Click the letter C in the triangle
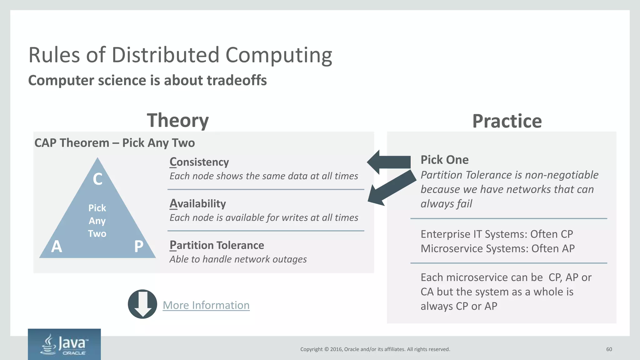97,179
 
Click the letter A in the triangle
57,247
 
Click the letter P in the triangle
138,247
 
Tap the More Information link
206,305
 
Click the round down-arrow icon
142,304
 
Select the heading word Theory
177,121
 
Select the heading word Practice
507,121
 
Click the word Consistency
199,162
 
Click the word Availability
197,203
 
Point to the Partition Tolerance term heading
217,245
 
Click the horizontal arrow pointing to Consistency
389,162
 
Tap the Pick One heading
444,160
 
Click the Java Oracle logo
64,344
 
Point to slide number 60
609,349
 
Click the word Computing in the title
278,55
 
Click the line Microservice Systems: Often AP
497,248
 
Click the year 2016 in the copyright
336,349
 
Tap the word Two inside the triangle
97,234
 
